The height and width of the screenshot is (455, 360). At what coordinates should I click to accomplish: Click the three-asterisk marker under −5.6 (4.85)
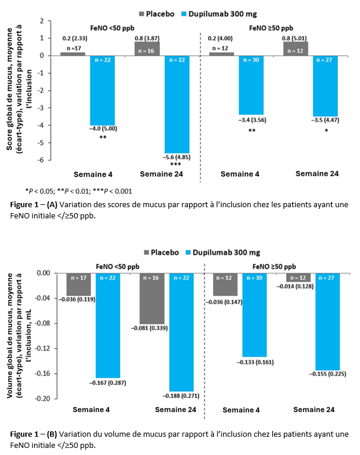click(176, 164)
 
